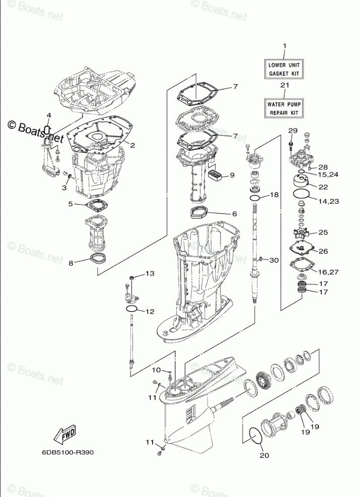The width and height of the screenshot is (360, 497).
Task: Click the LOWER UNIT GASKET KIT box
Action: (283, 69)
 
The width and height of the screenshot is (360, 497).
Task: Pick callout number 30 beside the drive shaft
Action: (274, 260)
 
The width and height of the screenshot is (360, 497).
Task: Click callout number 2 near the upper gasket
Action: (132, 145)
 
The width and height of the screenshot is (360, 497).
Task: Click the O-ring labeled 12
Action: (132, 309)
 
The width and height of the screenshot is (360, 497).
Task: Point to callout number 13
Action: (150, 274)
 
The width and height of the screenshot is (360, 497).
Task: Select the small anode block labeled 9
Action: (215, 175)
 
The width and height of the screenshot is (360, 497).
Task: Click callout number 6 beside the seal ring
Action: (234, 214)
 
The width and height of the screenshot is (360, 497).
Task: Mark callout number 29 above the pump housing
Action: (291, 131)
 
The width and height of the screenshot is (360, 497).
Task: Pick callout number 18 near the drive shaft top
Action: (274, 195)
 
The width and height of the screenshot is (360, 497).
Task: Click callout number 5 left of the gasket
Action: (71, 204)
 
